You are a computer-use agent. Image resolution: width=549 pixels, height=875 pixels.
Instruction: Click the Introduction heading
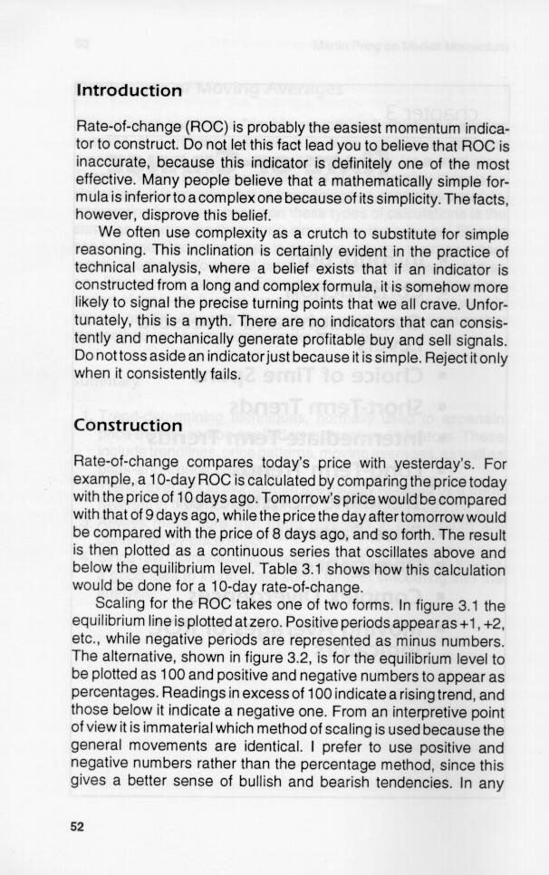pyautogui.click(x=129, y=91)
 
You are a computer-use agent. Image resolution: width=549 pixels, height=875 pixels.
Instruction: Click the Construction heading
pyautogui.click(x=129, y=425)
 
